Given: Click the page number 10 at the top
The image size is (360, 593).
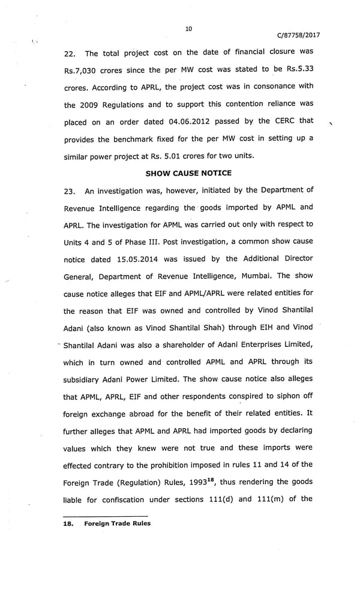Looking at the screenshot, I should pyautogui.click(x=188, y=28).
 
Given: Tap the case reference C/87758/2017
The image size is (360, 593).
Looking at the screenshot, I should pyautogui.click(x=298, y=35).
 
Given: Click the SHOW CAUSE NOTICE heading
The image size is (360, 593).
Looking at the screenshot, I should pyautogui.click(x=188, y=173).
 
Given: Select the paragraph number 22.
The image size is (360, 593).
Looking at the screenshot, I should pyautogui.click(x=71, y=53).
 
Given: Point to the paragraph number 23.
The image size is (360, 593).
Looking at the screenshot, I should pyautogui.click(x=71, y=191).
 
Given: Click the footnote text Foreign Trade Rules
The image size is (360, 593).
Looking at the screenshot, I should pyautogui.click(x=118, y=523).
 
